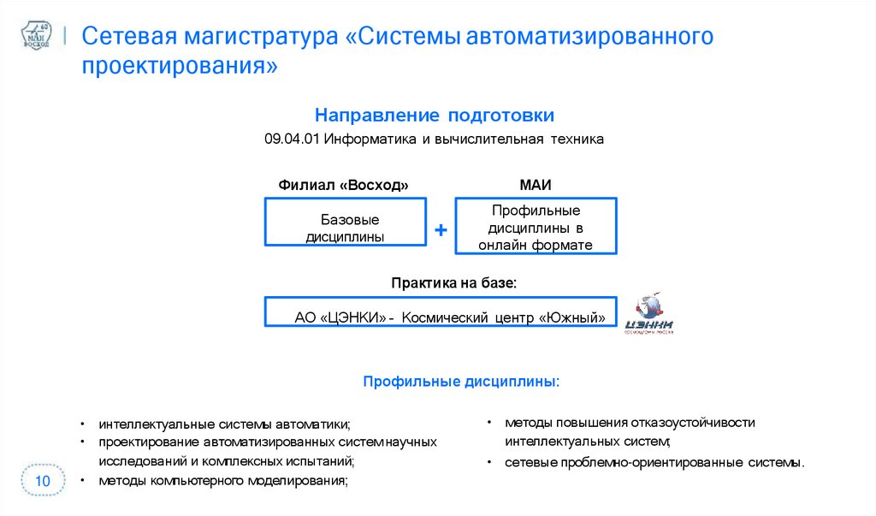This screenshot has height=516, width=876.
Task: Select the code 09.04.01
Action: click(x=291, y=139)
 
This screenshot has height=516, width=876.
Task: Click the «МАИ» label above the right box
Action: click(x=535, y=185)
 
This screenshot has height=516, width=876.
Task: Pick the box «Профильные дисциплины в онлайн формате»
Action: click(x=536, y=227)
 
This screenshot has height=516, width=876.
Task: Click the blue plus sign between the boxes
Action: click(x=441, y=230)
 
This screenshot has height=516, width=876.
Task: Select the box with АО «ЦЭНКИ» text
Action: click(x=441, y=317)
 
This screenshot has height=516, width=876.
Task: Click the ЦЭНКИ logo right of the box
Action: click(x=648, y=316)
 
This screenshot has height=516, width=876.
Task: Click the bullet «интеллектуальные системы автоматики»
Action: click(x=224, y=424)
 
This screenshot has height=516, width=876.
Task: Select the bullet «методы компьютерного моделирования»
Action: click(x=223, y=481)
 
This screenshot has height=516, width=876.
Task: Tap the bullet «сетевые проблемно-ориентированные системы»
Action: click(x=654, y=463)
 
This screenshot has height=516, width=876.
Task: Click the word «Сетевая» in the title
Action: click(x=128, y=37)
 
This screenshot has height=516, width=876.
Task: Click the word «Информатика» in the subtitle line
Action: click(x=370, y=139)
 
